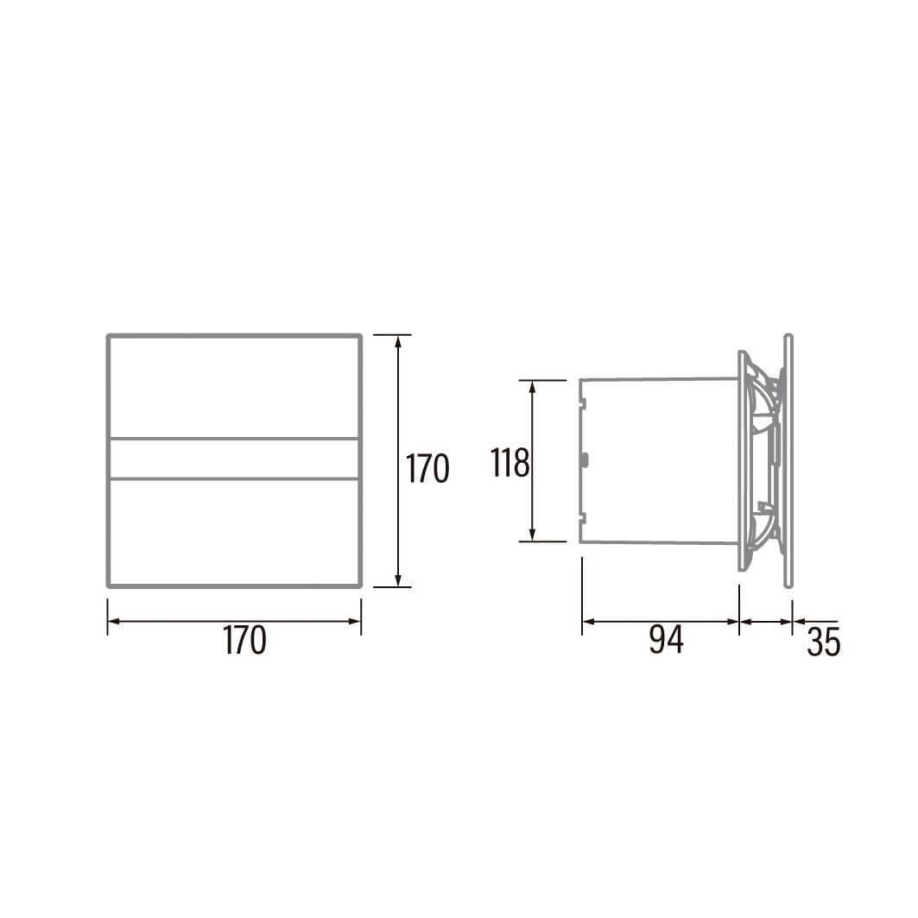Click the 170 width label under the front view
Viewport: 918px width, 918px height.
244,640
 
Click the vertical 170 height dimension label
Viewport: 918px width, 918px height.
427,468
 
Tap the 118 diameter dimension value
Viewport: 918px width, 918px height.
510,463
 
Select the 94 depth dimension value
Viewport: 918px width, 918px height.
666,639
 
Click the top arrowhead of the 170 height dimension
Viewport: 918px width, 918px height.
398,340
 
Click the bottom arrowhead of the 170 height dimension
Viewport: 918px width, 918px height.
398,580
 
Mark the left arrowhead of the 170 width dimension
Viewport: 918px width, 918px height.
114,621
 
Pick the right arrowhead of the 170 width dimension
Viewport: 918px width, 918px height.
355,621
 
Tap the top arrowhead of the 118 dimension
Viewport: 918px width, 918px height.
532,386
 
